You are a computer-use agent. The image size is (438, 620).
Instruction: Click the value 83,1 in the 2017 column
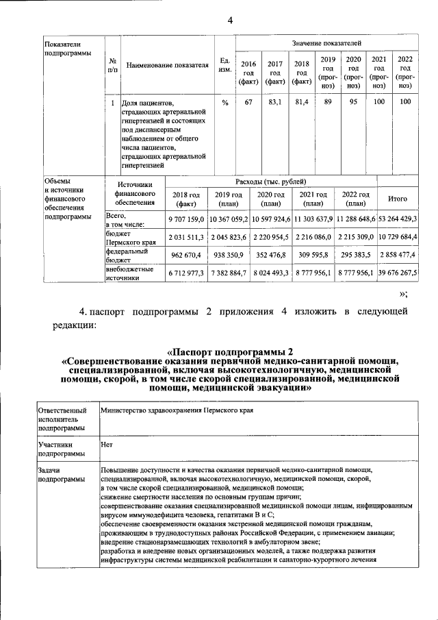275,102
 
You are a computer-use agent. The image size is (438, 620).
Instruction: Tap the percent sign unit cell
224,102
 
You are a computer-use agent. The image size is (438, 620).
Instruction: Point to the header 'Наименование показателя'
167,66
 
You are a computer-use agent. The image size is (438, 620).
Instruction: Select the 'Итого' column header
398,199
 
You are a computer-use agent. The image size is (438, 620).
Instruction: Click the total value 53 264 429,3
398,219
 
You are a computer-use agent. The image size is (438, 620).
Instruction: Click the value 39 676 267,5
398,273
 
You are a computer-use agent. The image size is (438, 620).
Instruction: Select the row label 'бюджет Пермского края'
127,237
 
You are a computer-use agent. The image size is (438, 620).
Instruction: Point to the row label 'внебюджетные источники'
127,273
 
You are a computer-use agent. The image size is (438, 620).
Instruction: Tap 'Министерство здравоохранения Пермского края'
177,410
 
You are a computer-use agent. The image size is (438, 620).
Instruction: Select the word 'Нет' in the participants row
106,443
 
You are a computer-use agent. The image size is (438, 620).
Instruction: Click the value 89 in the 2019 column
328,102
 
